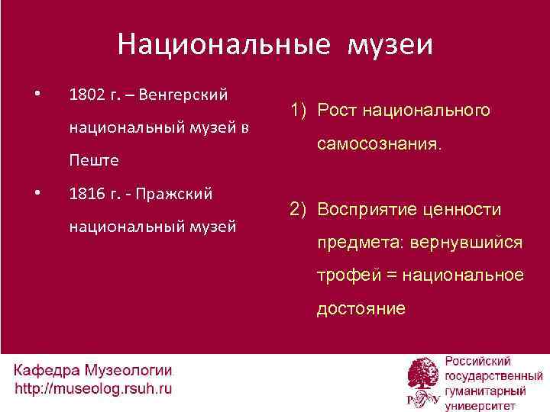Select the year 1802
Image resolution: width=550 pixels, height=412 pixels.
(84, 95)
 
